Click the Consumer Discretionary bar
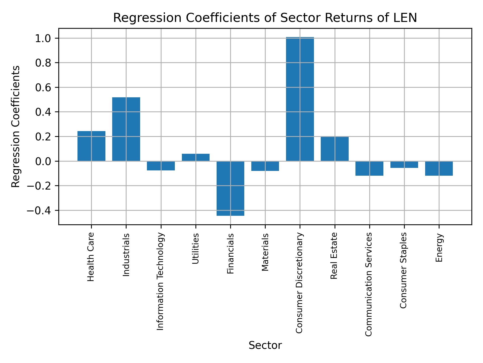coord(300,99)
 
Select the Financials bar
coord(230,188)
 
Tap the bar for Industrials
coord(126,129)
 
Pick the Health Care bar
coord(91,146)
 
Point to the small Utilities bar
coord(196,157)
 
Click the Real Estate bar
coord(335,149)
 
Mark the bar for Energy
coord(439,168)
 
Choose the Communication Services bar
coord(369,168)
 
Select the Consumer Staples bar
coord(404,165)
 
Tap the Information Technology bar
coord(161,166)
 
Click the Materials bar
coord(265,166)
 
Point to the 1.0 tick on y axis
coord(43,38)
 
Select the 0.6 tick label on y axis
coord(43,87)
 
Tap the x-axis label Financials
coord(230,254)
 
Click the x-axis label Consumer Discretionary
coord(299,283)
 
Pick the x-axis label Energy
coord(439,248)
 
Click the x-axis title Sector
coord(265,345)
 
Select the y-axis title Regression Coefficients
coord(16,127)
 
